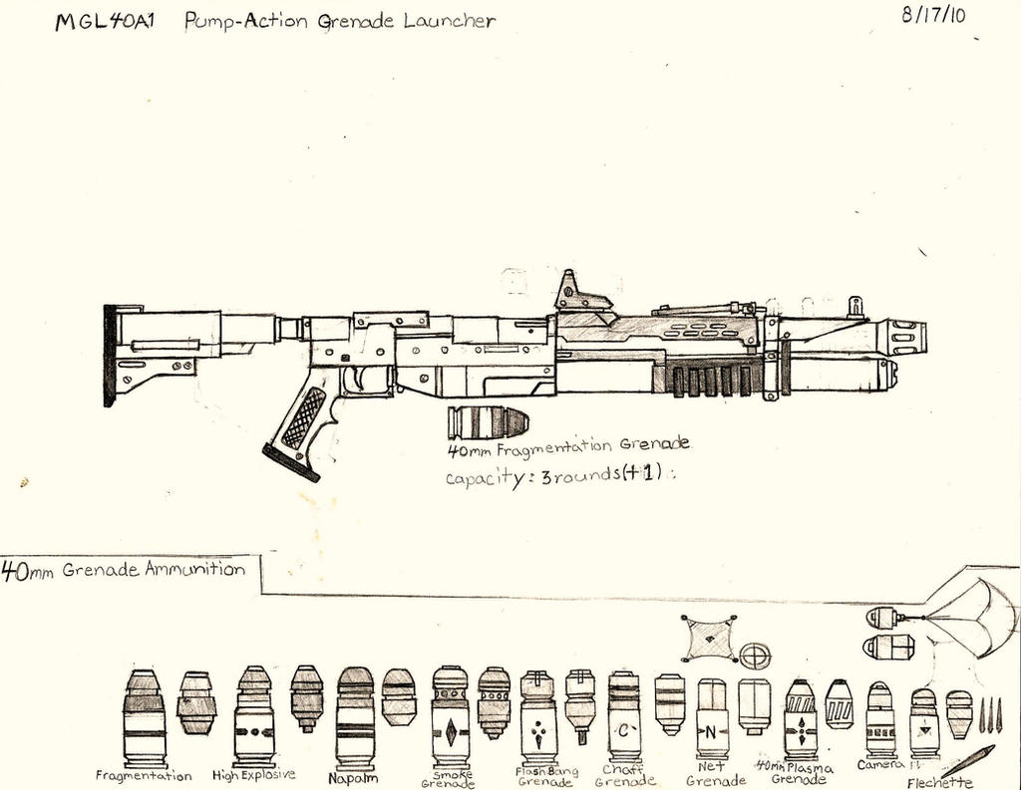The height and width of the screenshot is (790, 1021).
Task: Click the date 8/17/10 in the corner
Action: (x=938, y=17)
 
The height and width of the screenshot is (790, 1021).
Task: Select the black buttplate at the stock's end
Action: (x=109, y=355)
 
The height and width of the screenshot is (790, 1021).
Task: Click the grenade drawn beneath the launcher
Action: (x=487, y=421)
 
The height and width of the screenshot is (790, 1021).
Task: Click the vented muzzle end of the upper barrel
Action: (x=904, y=337)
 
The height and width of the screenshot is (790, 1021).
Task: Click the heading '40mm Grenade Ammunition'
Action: (x=124, y=571)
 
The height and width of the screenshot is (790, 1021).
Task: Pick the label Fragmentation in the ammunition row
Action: (x=144, y=775)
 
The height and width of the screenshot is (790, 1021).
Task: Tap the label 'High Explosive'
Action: (x=254, y=774)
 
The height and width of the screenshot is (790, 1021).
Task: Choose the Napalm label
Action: (x=353, y=778)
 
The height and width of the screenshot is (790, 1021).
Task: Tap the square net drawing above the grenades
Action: (x=709, y=639)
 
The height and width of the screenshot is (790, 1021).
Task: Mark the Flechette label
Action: (x=939, y=782)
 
